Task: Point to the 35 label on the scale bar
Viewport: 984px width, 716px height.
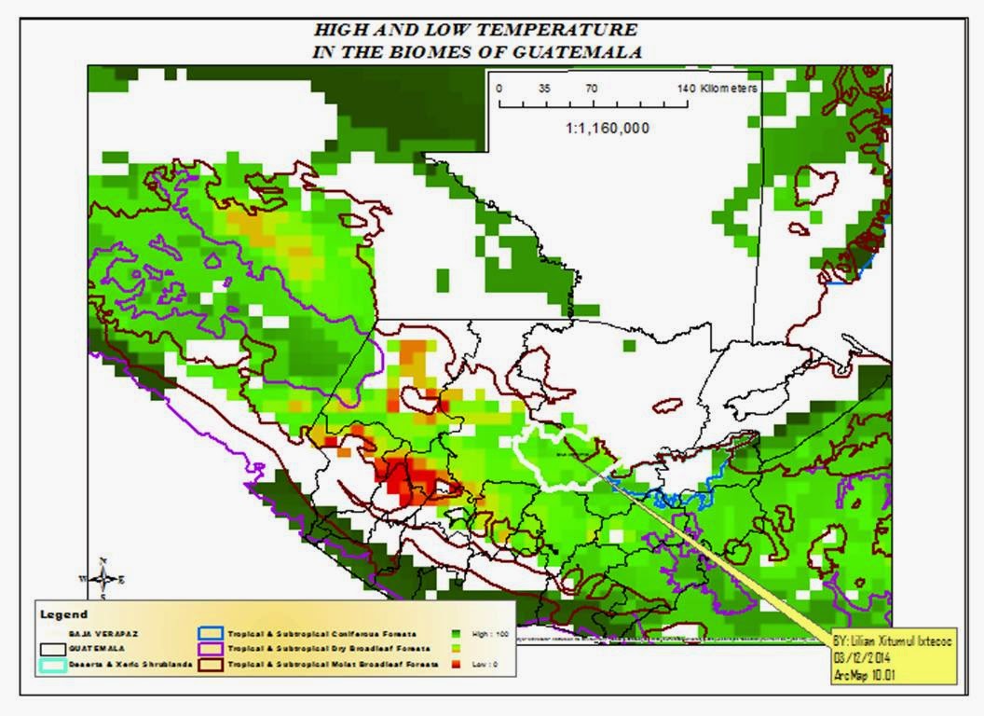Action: point(544,87)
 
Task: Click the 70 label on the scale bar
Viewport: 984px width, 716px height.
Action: point(591,87)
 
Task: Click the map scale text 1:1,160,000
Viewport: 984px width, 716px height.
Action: point(608,128)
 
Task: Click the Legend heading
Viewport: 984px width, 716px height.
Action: point(64,614)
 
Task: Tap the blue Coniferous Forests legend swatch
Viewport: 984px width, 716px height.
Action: point(213,632)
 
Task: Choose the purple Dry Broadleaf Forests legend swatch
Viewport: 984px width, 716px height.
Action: point(213,649)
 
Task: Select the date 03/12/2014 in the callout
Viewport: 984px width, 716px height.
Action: point(863,658)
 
